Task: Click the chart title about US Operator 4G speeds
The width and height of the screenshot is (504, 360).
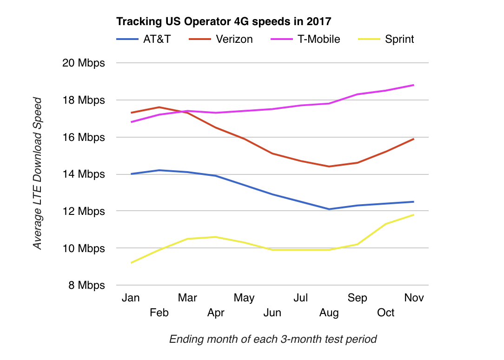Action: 224,21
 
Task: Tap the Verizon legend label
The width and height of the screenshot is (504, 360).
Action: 234,39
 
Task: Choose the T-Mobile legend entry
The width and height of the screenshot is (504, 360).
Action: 318,39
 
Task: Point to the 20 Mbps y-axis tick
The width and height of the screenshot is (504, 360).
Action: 84,63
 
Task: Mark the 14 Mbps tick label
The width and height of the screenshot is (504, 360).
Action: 84,174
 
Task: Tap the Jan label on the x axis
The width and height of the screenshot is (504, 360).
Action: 131,298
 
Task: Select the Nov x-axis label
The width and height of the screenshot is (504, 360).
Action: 414,298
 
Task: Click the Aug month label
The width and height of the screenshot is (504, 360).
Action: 329,313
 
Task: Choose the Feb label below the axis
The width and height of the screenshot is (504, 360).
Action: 159,313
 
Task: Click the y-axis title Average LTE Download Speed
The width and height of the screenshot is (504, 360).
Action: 38,173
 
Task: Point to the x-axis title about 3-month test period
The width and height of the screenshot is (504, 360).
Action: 273,339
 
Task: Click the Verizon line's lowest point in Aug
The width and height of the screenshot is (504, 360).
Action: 329,167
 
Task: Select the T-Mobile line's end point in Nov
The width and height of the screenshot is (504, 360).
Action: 414,85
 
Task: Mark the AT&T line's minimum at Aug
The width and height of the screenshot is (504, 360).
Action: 329,209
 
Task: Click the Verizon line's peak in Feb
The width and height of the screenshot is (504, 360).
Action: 159,107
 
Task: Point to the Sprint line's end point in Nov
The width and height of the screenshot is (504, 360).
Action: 414,214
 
